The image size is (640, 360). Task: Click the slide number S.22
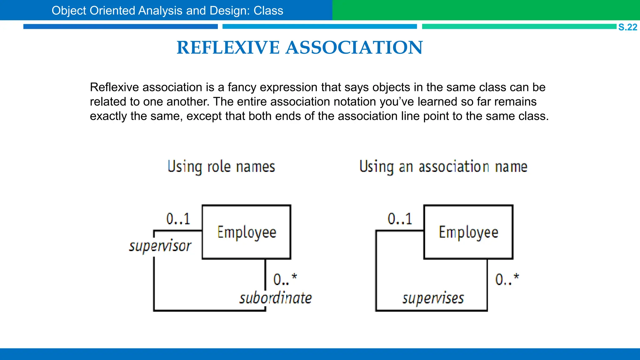[627, 27]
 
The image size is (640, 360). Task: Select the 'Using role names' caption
[221, 167]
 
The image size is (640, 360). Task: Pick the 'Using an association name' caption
[443, 167]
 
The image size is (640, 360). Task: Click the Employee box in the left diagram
[247, 232]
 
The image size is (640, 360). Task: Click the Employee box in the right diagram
[468, 232]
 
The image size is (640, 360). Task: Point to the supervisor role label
[160, 246]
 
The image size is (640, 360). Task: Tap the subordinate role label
[276, 298]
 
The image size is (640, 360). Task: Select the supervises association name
[433, 298]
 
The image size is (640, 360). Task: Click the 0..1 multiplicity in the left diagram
[178, 219]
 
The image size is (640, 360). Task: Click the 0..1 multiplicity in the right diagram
[400, 219]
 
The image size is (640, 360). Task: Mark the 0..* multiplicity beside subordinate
[285, 279]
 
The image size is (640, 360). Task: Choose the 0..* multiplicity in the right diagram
[507, 279]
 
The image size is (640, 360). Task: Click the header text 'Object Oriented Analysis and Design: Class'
[167, 11]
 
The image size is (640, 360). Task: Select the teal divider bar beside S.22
[519, 27]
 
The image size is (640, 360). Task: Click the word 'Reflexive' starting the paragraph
[114, 87]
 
